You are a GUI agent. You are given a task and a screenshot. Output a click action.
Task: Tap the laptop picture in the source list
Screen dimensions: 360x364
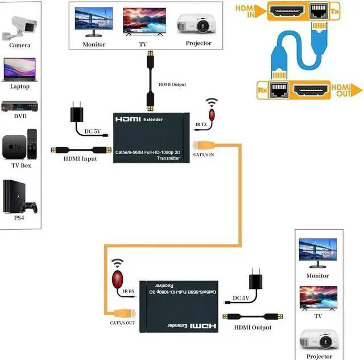(19, 69)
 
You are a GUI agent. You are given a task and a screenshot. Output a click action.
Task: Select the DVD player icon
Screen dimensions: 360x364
(19, 106)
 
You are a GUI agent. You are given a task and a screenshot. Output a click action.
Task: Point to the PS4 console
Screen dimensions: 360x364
(19, 196)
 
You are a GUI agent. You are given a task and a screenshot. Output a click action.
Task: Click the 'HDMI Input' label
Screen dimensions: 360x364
(80, 159)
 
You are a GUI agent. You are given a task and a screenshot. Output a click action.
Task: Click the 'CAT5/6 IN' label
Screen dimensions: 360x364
(204, 154)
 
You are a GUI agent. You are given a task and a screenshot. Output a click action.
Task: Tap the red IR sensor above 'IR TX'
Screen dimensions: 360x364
(212, 114)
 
